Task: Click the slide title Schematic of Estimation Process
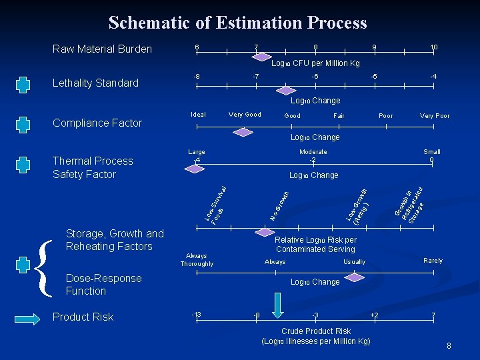237,23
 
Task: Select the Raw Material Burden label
102,49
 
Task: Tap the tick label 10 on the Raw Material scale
433,47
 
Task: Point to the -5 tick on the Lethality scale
374,77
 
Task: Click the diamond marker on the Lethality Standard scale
286,90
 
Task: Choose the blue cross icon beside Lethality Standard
23,84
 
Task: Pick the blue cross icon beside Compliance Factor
23,124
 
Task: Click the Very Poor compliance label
434,116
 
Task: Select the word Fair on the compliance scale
339,116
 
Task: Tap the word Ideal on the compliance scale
198,115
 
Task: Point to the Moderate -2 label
313,156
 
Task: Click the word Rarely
433,261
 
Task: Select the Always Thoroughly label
197,260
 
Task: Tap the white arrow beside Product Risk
23,317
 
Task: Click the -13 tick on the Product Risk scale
196,315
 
